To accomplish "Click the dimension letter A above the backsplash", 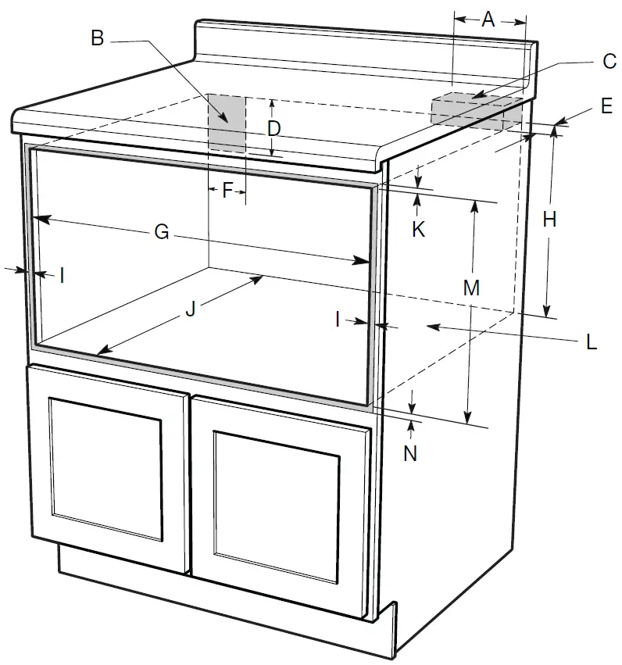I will pyautogui.click(x=488, y=20).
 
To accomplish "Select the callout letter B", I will pyautogui.click(x=98, y=38).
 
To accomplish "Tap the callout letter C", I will pyautogui.click(x=609, y=62).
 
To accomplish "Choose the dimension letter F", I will pyautogui.click(x=227, y=190).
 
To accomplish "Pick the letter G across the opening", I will pyautogui.click(x=161, y=232).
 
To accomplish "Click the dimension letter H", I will pyautogui.click(x=549, y=221).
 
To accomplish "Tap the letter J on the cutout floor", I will pyautogui.click(x=190, y=309).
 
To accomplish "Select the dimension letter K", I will pyautogui.click(x=418, y=230).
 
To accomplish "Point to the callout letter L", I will pyautogui.click(x=591, y=341).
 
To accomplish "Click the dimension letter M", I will pyautogui.click(x=470, y=288).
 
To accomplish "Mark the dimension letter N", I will pyautogui.click(x=410, y=452).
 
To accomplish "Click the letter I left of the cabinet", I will pyautogui.click(x=62, y=274).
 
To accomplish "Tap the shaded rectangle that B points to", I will pyautogui.click(x=227, y=123).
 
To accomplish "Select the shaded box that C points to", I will pyautogui.click(x=475, y=111).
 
